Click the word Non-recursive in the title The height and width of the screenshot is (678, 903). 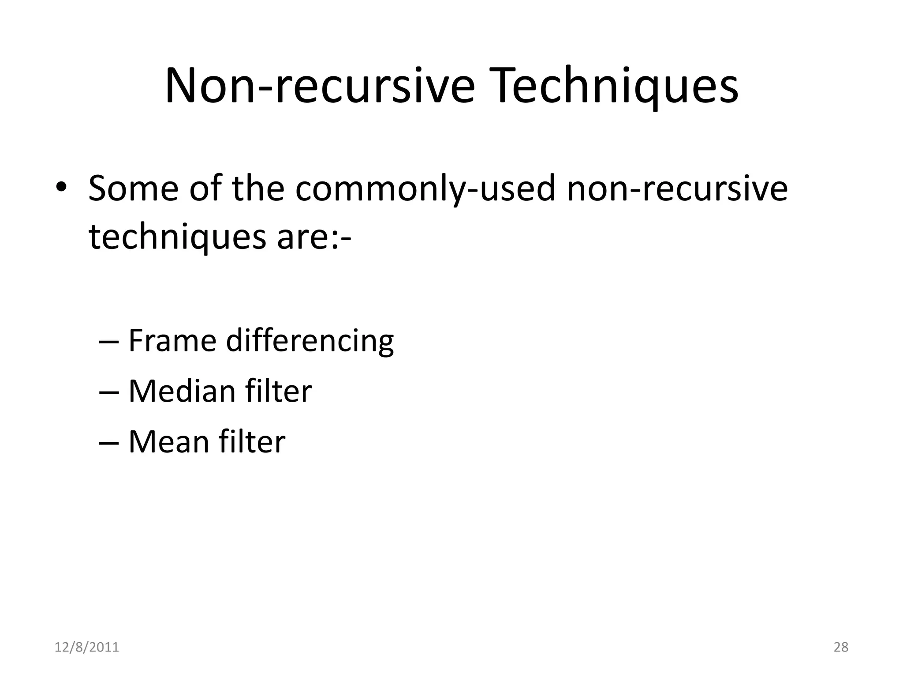pyautogui.click(x=319, y=86)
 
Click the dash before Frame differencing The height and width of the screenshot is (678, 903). pyautogui.click(x=108, y=342)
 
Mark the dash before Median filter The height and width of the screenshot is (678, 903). pyautogui.click(x=108, y=393)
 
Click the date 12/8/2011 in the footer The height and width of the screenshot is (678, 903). pyautogui.click(x=87, y=647)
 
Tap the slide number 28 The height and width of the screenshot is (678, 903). pyautogui.click(x=841, y=647)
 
